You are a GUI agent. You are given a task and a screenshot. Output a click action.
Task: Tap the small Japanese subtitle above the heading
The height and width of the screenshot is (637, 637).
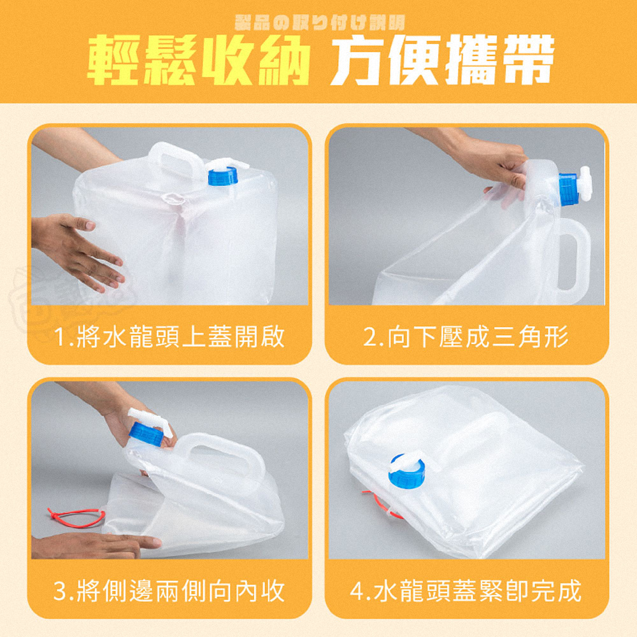click(318, 25)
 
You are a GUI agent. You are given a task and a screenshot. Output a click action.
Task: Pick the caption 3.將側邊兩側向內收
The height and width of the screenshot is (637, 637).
click(170, 592)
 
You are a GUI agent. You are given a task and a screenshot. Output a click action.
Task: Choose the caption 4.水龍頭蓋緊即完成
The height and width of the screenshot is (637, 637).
click(466, 592)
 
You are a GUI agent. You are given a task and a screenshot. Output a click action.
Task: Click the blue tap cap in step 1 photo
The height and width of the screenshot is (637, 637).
click(222, 175)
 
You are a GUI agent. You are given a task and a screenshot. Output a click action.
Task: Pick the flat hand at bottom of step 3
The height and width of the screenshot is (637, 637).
click(96, 545)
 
